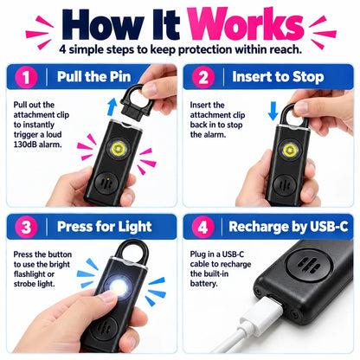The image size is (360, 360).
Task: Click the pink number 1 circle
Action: (26, 77)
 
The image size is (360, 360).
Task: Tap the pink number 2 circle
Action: (203, 77)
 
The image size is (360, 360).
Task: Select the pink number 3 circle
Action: (26, 227)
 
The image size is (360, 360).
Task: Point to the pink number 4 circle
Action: (202, 227)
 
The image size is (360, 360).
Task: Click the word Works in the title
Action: (246, 24)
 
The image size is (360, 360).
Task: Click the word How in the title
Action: (103, 25)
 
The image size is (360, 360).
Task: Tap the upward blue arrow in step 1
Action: (112, 106)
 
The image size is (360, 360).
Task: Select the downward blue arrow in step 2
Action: (273, 112)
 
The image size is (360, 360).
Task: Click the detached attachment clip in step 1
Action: (138, 102)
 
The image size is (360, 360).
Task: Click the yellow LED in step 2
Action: (289, 150)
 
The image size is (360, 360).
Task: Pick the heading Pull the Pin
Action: (93, 77)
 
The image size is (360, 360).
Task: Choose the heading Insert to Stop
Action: (278, 77)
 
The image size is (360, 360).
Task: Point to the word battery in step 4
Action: (203, 284)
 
